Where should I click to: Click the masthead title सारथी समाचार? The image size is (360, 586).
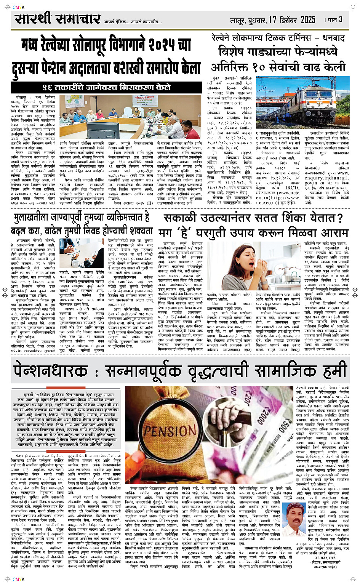[57, 18]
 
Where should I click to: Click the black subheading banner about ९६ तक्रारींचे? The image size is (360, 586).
[106, 87]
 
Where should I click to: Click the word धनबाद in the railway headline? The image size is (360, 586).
[334, 38]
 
